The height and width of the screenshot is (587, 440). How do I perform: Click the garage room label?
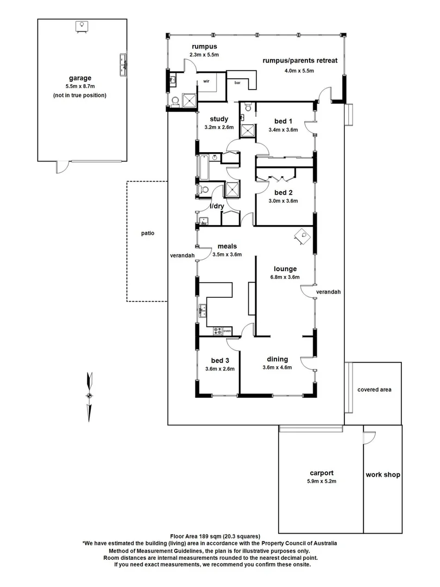point(80,78)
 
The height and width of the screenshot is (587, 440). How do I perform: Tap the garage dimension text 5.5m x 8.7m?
point(80,86)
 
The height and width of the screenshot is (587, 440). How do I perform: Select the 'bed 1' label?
point(283,121)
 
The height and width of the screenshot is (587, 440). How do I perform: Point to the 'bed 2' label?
point(283,192)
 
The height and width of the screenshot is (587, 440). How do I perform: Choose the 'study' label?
point(219,119)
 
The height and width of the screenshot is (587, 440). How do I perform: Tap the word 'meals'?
point(227,246)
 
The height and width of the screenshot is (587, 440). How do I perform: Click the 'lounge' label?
point(285,268)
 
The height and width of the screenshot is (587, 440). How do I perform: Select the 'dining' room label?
point(277,359)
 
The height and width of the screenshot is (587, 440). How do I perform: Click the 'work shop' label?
point(382,474)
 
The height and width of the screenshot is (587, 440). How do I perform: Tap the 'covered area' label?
point(374,390)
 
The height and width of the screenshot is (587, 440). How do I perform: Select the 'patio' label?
point(146,233)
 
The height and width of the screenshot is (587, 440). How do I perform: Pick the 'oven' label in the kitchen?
point(227,330)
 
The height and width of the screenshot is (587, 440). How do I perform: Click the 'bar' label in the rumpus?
point(237,83)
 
